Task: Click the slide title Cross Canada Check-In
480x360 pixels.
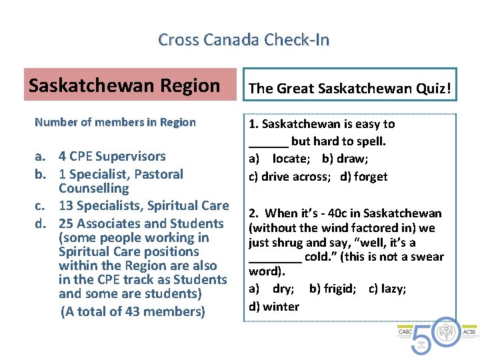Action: [x=243, y=40]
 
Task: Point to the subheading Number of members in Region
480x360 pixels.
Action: [x=115, y=122]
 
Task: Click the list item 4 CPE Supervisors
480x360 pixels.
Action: [x=111, y=157]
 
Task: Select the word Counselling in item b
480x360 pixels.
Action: [x=93, y=189]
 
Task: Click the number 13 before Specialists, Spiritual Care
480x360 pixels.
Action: [x=67, y=206]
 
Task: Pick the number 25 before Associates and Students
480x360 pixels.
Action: [x=67, y=223]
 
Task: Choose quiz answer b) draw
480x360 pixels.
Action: [x=344, y=159]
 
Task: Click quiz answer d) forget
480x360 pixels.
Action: [x=363, y=177]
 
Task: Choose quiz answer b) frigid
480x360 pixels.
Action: [x=333, y=289]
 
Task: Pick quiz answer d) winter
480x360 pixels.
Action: [x=274, y=306]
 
